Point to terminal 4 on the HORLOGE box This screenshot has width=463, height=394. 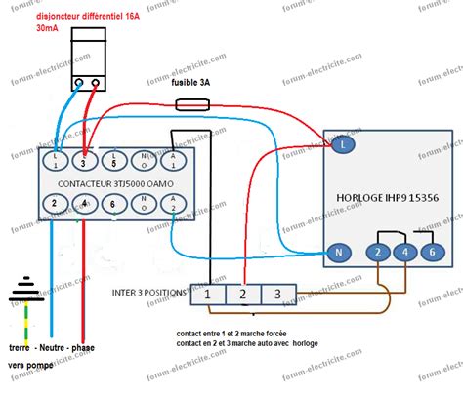(x=404, y=252)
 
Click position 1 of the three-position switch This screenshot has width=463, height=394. (x=209, y=293)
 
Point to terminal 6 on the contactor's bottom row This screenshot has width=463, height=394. (x=116, y=204)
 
